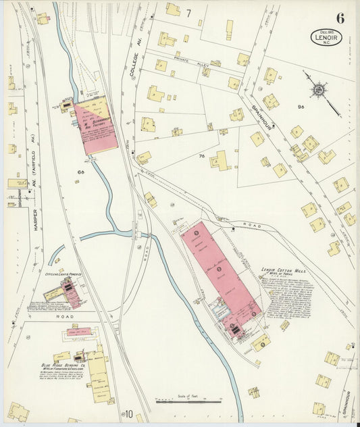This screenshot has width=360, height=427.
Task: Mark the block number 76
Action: coord(201,157)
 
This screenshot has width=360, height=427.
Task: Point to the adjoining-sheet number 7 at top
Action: coord(188,12)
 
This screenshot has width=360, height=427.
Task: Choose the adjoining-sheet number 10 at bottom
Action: coord(128,413)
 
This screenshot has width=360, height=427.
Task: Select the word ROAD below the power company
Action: coord(57,316)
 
